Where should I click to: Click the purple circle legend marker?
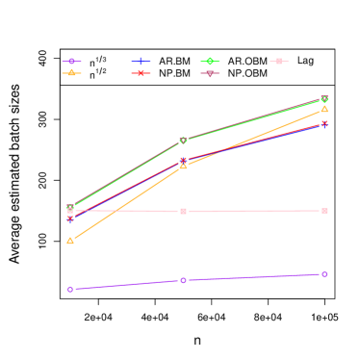[71, 62]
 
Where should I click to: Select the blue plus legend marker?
[141, 62]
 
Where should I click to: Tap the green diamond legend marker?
[210, 62]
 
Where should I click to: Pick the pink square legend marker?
[279, 62]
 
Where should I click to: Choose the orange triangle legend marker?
[71, 73]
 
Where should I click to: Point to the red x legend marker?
[141, 73]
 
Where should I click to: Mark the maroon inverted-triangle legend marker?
[210, 73]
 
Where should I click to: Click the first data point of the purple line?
[70, 289]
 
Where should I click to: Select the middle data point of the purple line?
[183, 280]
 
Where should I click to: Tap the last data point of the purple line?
[324, 274]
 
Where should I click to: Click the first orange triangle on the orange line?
[70, 241]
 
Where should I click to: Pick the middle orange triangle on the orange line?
[183, 166]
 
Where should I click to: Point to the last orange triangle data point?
[324, 109]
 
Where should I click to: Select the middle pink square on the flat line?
[183, 211]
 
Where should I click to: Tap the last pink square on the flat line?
[324, 211]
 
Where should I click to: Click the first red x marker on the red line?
[70, 219]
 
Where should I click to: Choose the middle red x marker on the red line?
[183, 160]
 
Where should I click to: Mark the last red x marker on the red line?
[324, 123]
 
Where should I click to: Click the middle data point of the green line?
[183, 141]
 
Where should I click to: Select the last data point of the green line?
[324, 99]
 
